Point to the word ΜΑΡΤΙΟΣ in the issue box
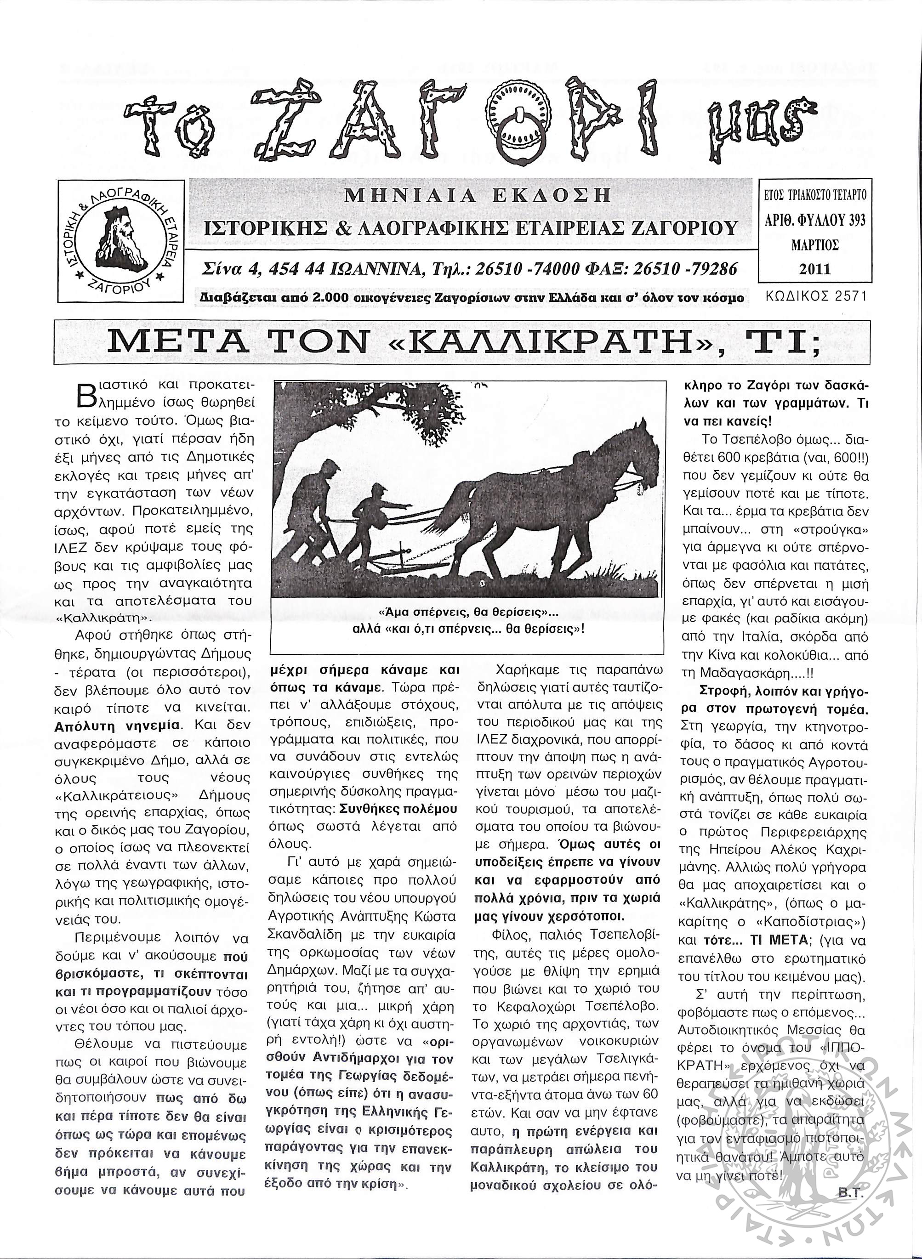tap(815, 245)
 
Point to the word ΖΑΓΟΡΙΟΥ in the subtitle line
tap(688, 227)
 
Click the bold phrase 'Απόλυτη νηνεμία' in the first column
tap(117, 726)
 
